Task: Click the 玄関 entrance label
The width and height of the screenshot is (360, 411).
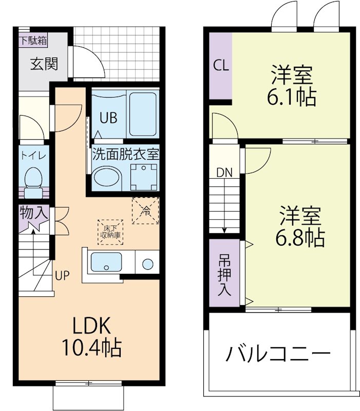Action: tap(44, 64)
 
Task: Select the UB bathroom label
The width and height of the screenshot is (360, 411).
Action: tap(108, 118)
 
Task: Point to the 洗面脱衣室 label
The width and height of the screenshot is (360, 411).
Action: tap(125, 153)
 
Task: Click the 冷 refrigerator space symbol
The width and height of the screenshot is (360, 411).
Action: tap(146, 211)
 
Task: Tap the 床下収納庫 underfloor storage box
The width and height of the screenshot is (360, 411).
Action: tap(110, 232)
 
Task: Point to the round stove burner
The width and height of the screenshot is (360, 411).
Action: tap(148, 265)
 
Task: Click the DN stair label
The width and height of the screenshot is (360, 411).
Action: tap(224, 173)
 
